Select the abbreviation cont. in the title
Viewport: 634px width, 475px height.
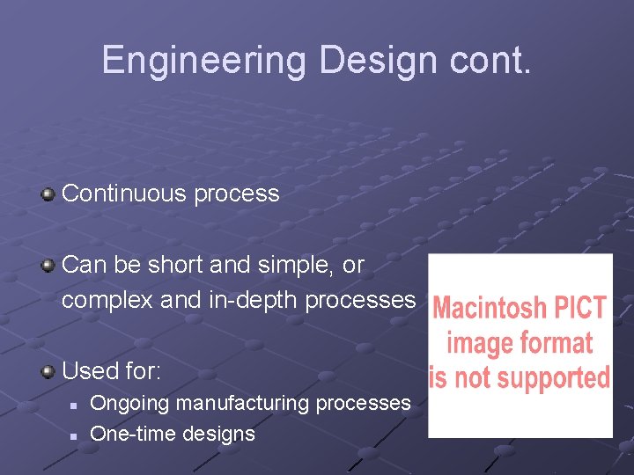coord(491,61)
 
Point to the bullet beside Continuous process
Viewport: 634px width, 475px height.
coord(48,194)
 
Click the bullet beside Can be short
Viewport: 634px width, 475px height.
coord(48,265)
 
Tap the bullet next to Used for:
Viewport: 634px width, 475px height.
coord(48,370)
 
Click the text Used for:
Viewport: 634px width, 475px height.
coord(112,371)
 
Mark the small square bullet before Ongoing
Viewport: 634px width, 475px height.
coord(75,405)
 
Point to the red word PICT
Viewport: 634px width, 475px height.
coord(578,309)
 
